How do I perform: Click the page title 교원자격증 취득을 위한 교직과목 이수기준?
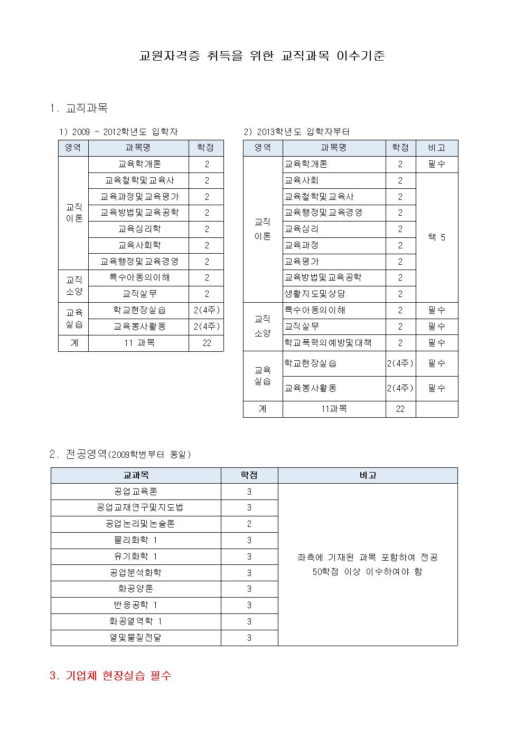261,56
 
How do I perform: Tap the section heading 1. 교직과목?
79,108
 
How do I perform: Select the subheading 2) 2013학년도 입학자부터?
296,132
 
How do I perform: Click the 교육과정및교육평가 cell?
139,197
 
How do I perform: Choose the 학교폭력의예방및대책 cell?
328,343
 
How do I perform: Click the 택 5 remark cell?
436,237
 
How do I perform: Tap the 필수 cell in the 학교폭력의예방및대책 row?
436,343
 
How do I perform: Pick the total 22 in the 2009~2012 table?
207,343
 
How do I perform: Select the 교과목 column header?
136,475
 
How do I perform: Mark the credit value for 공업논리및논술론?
249,524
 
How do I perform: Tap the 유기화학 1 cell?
136,556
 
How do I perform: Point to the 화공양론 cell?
136,589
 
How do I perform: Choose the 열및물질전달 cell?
136,638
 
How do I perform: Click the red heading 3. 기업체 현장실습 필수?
110,676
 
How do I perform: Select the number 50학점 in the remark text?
325,572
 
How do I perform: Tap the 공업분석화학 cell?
136,573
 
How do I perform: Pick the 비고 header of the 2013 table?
436,148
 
